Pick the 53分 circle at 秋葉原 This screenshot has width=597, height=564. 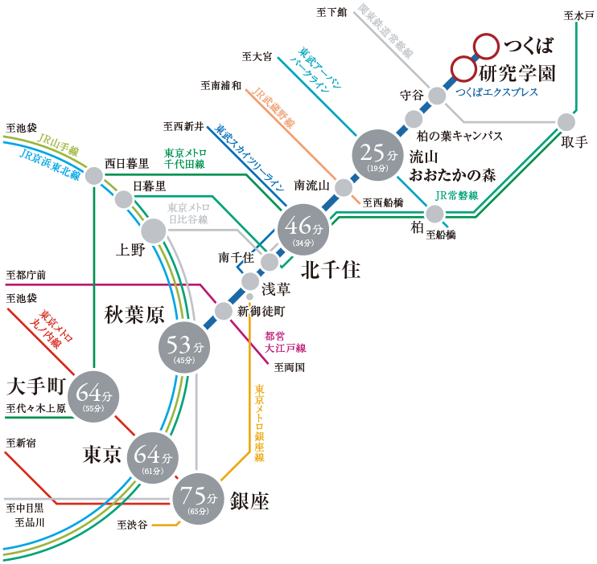(184, 348)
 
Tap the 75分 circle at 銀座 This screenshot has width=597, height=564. (197, 497)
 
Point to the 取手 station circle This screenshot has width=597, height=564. (566, 121)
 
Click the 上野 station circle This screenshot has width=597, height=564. (153, 231)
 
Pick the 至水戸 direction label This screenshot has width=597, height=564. (579, 15)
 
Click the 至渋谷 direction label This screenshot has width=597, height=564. (132, 525)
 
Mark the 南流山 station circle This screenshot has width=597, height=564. (344, 188)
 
